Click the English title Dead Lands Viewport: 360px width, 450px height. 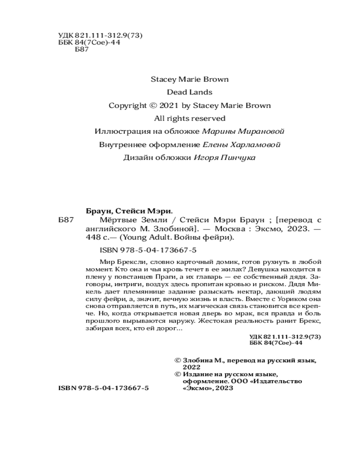pyautogui.click(x=189, y=92)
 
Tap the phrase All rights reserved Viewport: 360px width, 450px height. pyautogui.click(x=189, y=118)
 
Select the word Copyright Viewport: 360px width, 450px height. pyautogui.click(x=127, y=105)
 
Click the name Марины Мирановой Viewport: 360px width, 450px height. pyautogui.click(x=243, y=131)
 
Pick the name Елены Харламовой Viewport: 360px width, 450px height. pyautogui.click(x=241, y=144)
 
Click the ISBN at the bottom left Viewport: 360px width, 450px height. pyautogui.click(x=103, y=388)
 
